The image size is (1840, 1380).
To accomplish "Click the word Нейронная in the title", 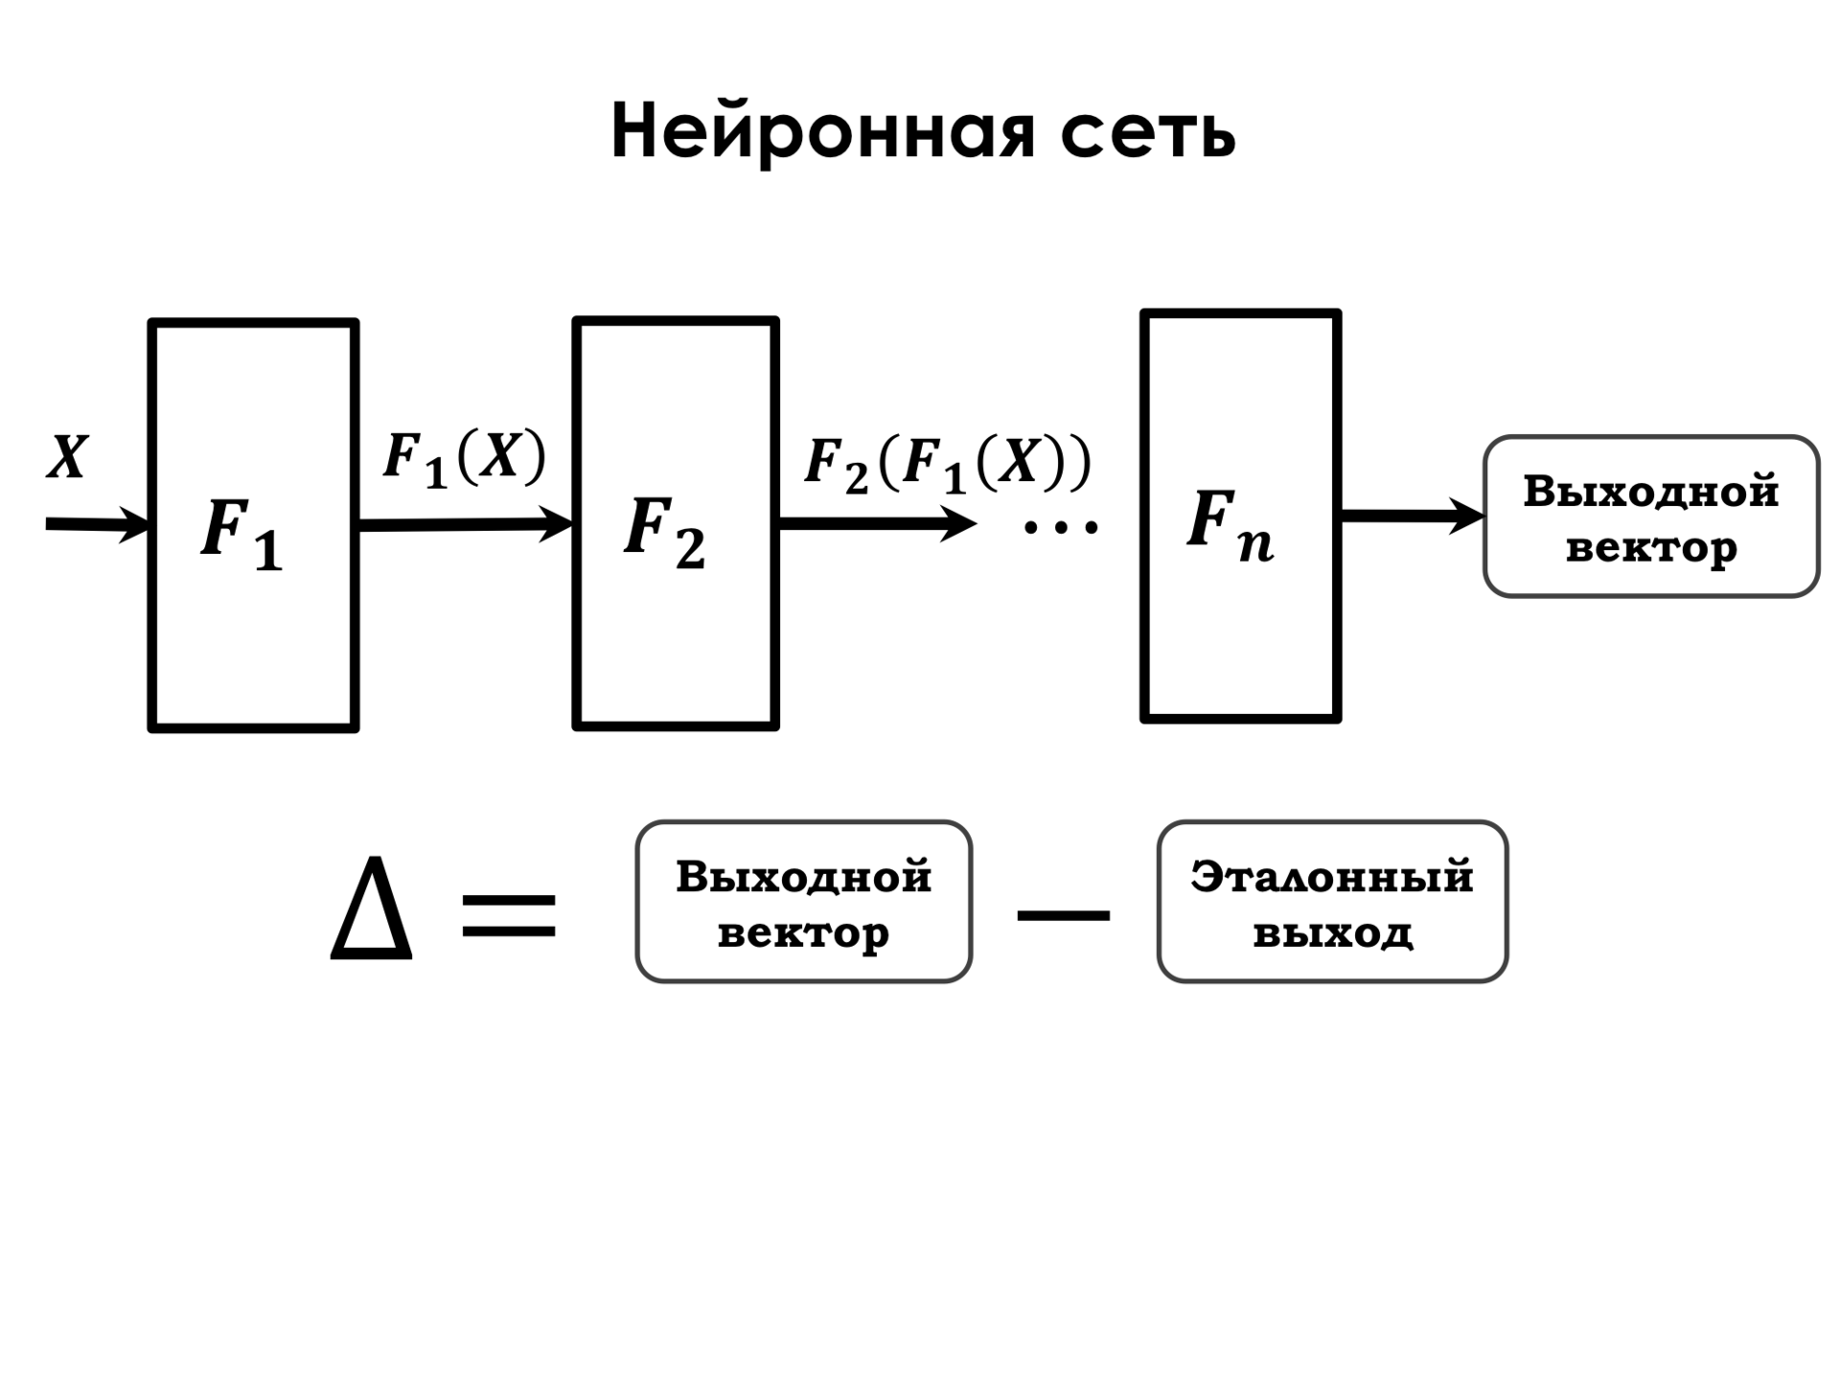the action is pyautogui.click(x=823, y=133).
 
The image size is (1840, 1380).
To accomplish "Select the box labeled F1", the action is pyautogui.click(x=253, y=526).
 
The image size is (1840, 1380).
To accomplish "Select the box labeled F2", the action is pyautogui.click(x=676, y=523).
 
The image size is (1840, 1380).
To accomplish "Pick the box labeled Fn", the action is pyautogui.click(x=1240, y=516).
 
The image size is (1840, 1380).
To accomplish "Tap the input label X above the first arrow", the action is pyautogui.click(x=67, y=457).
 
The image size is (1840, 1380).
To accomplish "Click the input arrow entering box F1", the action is pyautogui.click(x=99, y=525).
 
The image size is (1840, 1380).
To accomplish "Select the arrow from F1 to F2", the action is pyautogui.click(x=466, y=524).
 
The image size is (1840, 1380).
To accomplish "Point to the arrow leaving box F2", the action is pyautogui.click(x=878, y=523).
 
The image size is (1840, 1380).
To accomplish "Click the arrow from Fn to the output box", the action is pyautogui.click(x=1413, y=517).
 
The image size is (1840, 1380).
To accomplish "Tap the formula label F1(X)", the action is pyautogui.click(x=465, y=458).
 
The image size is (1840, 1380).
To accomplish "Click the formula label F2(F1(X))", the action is pyautogui.click(x=948, y=465).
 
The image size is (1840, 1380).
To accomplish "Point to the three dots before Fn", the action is pyautogui.click(x=1061, y=525).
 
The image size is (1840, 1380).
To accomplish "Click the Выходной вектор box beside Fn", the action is pyautogui.click(x=1651, y=517).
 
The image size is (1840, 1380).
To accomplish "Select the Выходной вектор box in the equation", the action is pyautogui.click(x=804, y=902).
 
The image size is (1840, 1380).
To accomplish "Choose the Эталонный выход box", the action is pyautogui.click(x=1332, y=902).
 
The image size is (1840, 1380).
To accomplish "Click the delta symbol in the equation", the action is pyautogui.click(x=371, y=908).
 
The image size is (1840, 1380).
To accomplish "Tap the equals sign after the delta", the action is pyautogui.click(x=509, y=915).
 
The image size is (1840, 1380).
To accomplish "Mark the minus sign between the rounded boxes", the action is pyautogui.click(x=1063, y=916).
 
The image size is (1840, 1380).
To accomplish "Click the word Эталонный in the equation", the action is pyautogui.click(x=1332, y=877).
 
